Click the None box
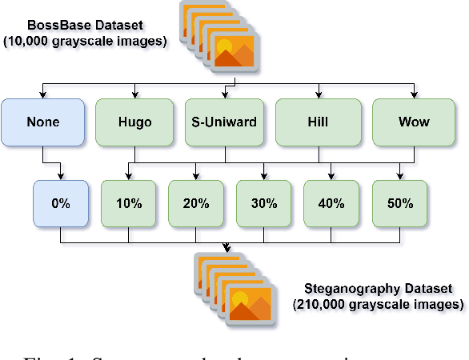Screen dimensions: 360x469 tap(42, 122)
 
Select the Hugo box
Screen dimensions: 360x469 tap(134, 122)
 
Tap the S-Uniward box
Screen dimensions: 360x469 tap(224, 122)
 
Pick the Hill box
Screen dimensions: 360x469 tap(315, 122)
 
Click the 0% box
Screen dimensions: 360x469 tap(61, 203)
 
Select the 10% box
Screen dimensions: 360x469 tap(128, 203)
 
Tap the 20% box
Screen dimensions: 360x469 tap(196, 203)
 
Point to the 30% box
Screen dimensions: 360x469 tap(264, 203)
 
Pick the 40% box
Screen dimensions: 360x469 tap(331, 203)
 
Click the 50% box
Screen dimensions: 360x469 tap(399, 203)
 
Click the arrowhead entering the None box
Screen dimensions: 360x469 tap(42, 95)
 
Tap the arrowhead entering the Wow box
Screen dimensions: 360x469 tap(414, 95)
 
